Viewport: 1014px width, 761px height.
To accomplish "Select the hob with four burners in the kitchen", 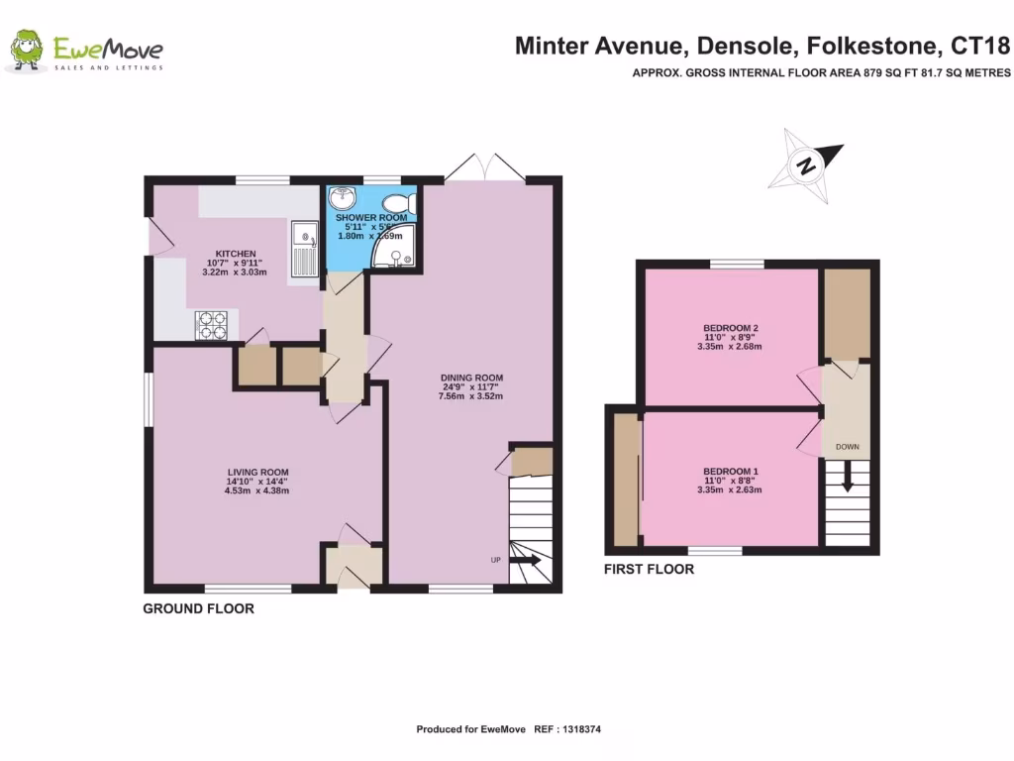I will (x=211, y=324).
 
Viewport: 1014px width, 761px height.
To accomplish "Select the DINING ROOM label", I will (x=471, y=378).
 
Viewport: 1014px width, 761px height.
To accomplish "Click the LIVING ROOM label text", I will (x=256, y=472).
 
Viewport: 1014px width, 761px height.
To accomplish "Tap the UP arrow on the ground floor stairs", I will (x=525, y=561).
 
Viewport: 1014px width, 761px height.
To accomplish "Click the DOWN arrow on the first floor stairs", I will (x=848, y=481).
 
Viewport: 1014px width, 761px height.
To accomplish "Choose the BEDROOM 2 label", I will (x=730, y=327).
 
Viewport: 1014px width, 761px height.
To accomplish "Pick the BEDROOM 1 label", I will (x=730, y=471).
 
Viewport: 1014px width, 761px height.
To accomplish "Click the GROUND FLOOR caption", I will (x=198, y=608).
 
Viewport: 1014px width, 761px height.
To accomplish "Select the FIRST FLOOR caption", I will (x=649, y=569).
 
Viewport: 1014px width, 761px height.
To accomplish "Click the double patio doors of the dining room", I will (x=484, y=169).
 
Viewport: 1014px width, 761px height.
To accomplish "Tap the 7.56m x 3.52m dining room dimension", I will (x=471, y=396).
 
